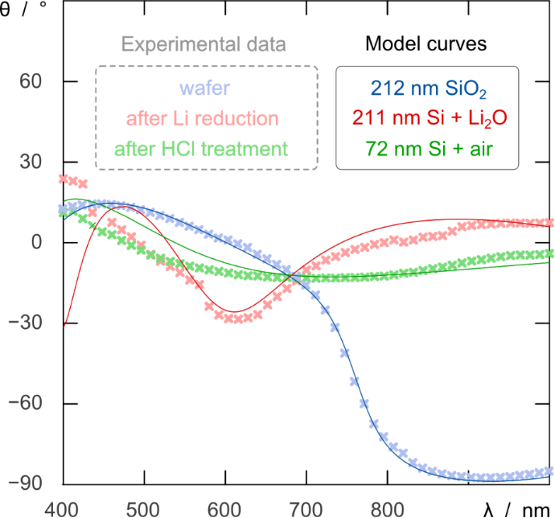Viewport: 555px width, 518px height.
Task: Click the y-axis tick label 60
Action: pos(31,82)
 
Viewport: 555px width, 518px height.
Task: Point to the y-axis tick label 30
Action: pos(31,162)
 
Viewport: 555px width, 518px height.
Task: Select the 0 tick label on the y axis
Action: pos(37,243)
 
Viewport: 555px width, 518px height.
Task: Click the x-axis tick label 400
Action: pos(62,507)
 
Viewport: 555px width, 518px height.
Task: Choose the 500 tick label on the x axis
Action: pos(143,507)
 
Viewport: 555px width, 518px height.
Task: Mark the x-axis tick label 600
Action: pos(224,507)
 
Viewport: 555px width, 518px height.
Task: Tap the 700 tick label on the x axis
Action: pos(306,507)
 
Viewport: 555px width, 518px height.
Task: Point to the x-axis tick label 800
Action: pos(387,507)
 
